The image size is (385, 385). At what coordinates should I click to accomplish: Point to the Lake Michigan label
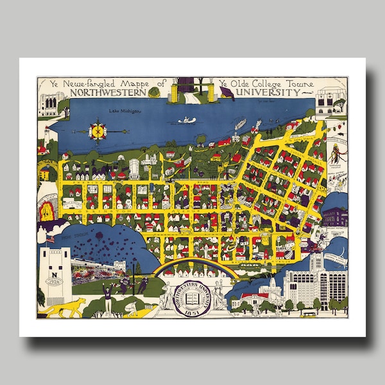[x=123, y=111]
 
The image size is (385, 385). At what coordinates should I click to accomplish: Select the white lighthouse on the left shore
[x=46, y=136]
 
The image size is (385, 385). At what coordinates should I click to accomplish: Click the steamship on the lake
[x=241, y=124]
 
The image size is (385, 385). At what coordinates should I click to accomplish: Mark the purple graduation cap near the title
[x=227, y=94]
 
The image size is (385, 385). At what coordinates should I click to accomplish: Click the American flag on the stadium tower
[x=51, y=239]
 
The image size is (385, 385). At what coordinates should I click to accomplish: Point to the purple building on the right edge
[x=334, y=218]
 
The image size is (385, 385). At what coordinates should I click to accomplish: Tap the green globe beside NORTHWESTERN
[x=153, y=92]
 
